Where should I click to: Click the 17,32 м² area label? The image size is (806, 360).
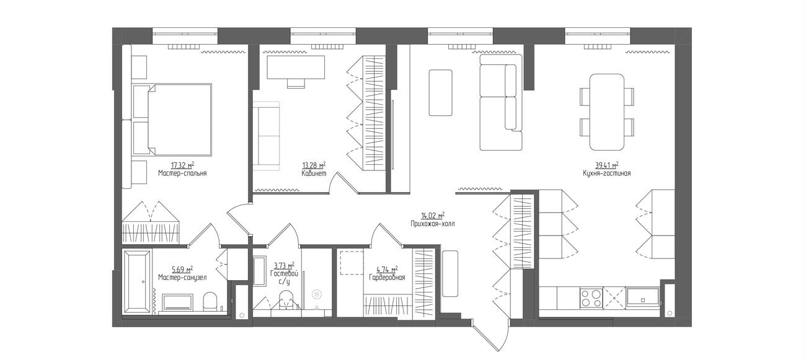coord(182,165)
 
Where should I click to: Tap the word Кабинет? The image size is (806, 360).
coord(314,173)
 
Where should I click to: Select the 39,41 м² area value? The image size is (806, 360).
coord(606,165)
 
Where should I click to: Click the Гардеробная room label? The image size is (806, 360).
coord(387,278)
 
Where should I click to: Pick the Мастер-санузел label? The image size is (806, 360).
coord(182,278)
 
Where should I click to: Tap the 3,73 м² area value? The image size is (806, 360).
coord(284,266)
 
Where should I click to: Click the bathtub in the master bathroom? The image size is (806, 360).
coord(137,282)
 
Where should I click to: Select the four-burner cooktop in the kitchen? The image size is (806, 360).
coord(591,298)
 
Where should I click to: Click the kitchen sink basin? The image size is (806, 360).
coord(643,297)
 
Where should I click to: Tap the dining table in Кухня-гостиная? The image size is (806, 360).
coord(606,112)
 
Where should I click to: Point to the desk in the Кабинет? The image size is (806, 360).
coord(296,68)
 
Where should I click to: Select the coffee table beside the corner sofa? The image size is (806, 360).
coord(440,93)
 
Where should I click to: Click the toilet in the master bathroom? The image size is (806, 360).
coord(210,302)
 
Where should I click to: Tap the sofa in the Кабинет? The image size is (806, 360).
coord(266,136)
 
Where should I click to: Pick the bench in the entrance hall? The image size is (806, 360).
coord(449,274)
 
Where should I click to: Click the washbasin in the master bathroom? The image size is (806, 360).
coord(178,302)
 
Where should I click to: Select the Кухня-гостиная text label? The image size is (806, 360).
coord(606,173)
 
